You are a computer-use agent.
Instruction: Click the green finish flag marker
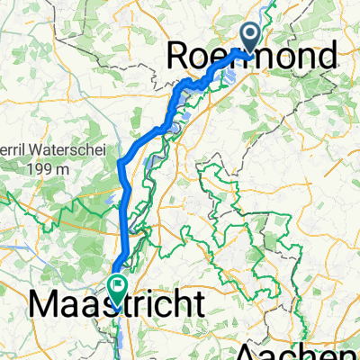117,287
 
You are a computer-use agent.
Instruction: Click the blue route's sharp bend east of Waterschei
120,162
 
